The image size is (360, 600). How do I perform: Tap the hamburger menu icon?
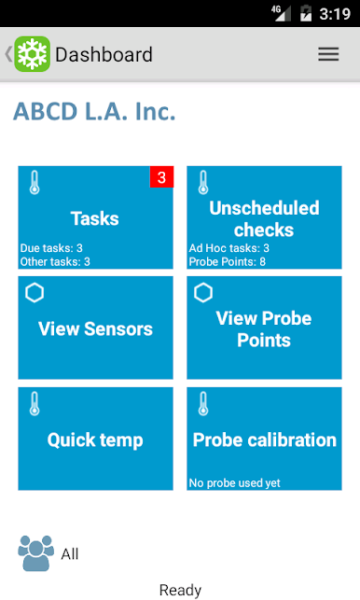[328, 54]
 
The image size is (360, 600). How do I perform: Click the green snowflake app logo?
[32, 54]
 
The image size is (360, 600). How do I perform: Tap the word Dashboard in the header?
[104, 54]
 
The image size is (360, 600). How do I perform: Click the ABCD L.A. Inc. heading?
[94, 111]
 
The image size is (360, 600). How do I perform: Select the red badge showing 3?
[161, 176]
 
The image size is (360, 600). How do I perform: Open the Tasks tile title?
[95, 218]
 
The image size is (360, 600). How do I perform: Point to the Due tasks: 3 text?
[51, 248]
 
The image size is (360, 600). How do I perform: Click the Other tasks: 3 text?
[55, 261]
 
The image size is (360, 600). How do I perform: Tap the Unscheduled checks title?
[264, 219]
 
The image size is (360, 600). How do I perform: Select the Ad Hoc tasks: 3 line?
[229, 248]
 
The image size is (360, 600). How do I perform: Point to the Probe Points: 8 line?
[228, 261]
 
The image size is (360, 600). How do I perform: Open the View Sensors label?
[95, 328]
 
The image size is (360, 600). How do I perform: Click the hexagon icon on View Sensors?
[35, 293]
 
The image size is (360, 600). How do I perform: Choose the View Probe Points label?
[264, 329]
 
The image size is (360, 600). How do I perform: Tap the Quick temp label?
[95, 440]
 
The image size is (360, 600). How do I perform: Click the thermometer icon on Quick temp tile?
[35, 404]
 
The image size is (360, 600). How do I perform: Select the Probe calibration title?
[265, 440]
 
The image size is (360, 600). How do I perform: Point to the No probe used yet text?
[234, 483]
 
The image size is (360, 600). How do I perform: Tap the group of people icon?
[36, 553]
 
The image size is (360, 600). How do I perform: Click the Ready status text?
[180, 590]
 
